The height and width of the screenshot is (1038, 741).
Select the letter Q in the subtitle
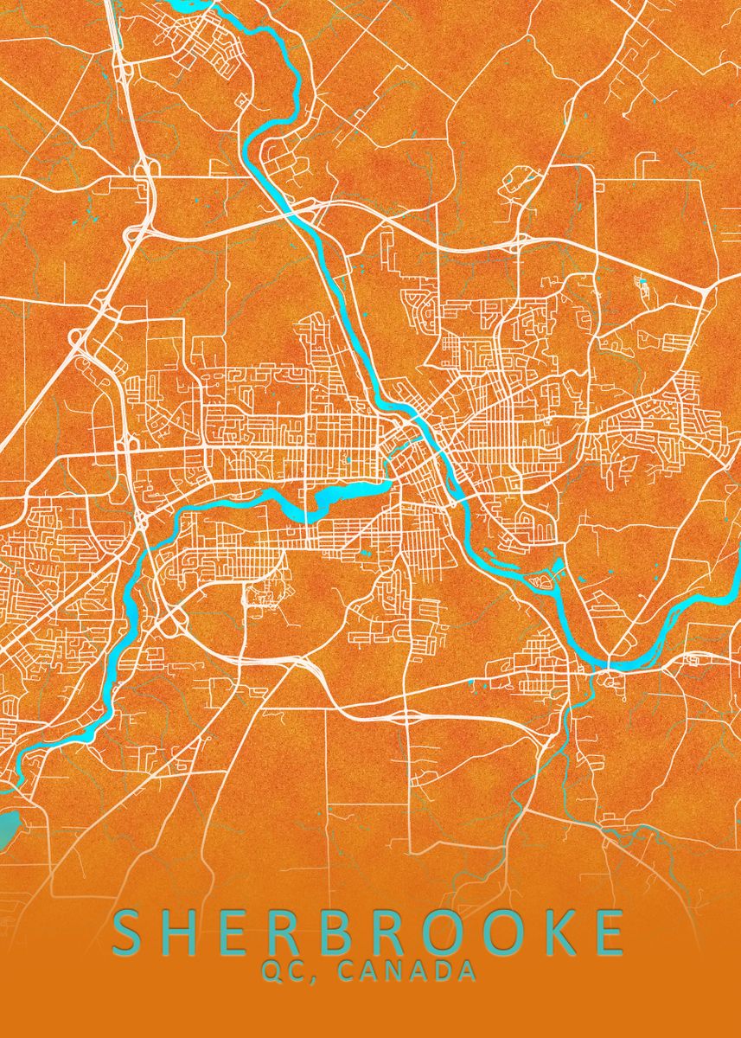click(x=272, y=971)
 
